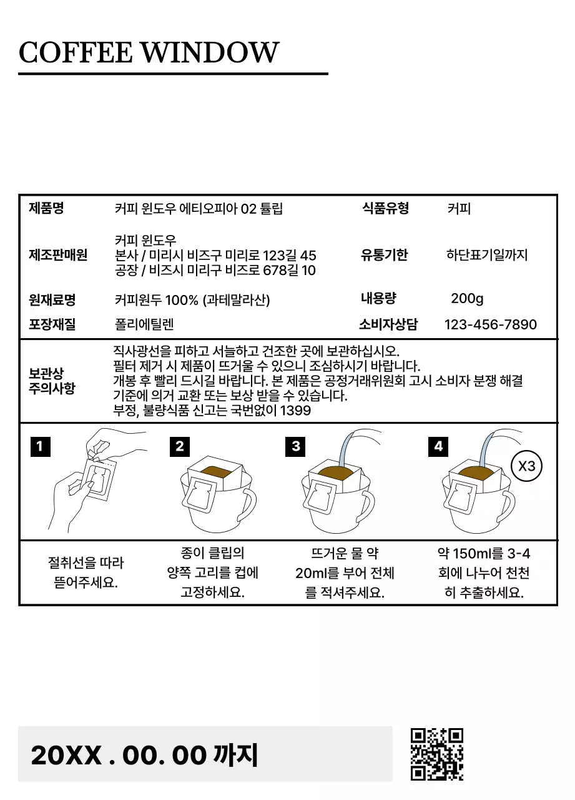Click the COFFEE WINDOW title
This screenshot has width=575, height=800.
(149, 52)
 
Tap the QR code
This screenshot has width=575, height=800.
(437, 754)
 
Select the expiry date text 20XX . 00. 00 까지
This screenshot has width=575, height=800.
(144, 755)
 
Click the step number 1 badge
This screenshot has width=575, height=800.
(40, 446)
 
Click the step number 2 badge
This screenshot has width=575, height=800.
(180, 446)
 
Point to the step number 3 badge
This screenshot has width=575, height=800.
(296, 446)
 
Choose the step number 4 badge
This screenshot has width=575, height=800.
(438, 446)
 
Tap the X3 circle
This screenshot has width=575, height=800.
(526, 466)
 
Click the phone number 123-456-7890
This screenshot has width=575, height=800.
(490, 324)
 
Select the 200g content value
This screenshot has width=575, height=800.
(467, 299)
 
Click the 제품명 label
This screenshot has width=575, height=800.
(46, 209)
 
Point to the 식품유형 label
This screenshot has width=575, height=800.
(385, 209)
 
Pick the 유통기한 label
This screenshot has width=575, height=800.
(384, 255)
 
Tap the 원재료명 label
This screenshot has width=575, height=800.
(52, 300)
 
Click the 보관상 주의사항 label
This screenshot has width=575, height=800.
(52, 381)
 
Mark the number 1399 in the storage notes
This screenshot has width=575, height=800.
(296, 411)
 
